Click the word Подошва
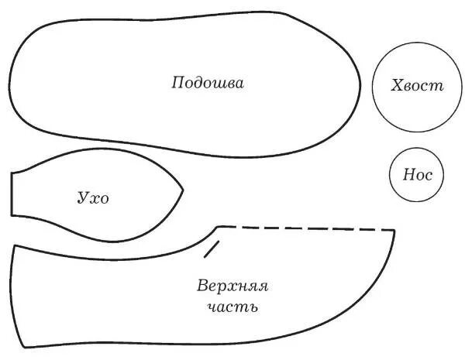[x=208, y=82]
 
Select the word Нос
[x=417, y=175]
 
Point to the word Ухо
[x=93, y=198]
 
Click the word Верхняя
[x=232, y=286]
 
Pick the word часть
[x=232, y=307]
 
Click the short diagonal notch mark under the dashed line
[x=212, y=249]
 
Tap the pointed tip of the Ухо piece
[x=183, y=187]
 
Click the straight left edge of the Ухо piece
[x=12, y=194]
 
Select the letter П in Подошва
[x=177, y=82]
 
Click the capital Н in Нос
[x=407, y=175]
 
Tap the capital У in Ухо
[x=82, y=199]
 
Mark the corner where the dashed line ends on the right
[x=394, y=231]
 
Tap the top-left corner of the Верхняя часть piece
[x=13, y=246]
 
